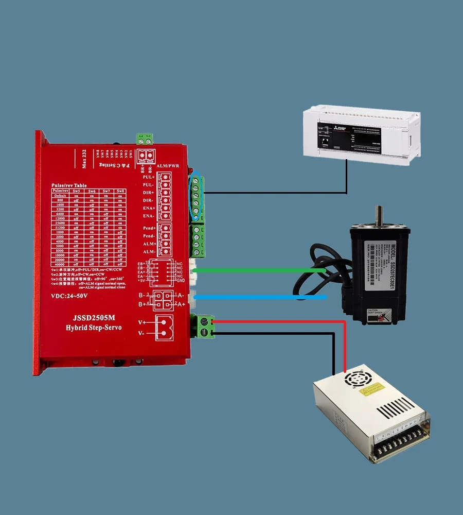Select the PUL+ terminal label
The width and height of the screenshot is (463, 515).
pos(148,177)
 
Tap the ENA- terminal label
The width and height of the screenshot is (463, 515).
pos(148,215)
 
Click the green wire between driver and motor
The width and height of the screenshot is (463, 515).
pos(257,270)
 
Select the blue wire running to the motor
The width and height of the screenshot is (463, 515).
pos(257,297)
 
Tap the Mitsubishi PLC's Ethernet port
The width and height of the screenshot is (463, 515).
pos(325,139)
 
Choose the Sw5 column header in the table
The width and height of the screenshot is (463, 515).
pos(76,191)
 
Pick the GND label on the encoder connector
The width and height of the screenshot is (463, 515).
pos(180,281)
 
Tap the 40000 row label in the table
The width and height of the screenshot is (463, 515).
pos(60,265)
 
